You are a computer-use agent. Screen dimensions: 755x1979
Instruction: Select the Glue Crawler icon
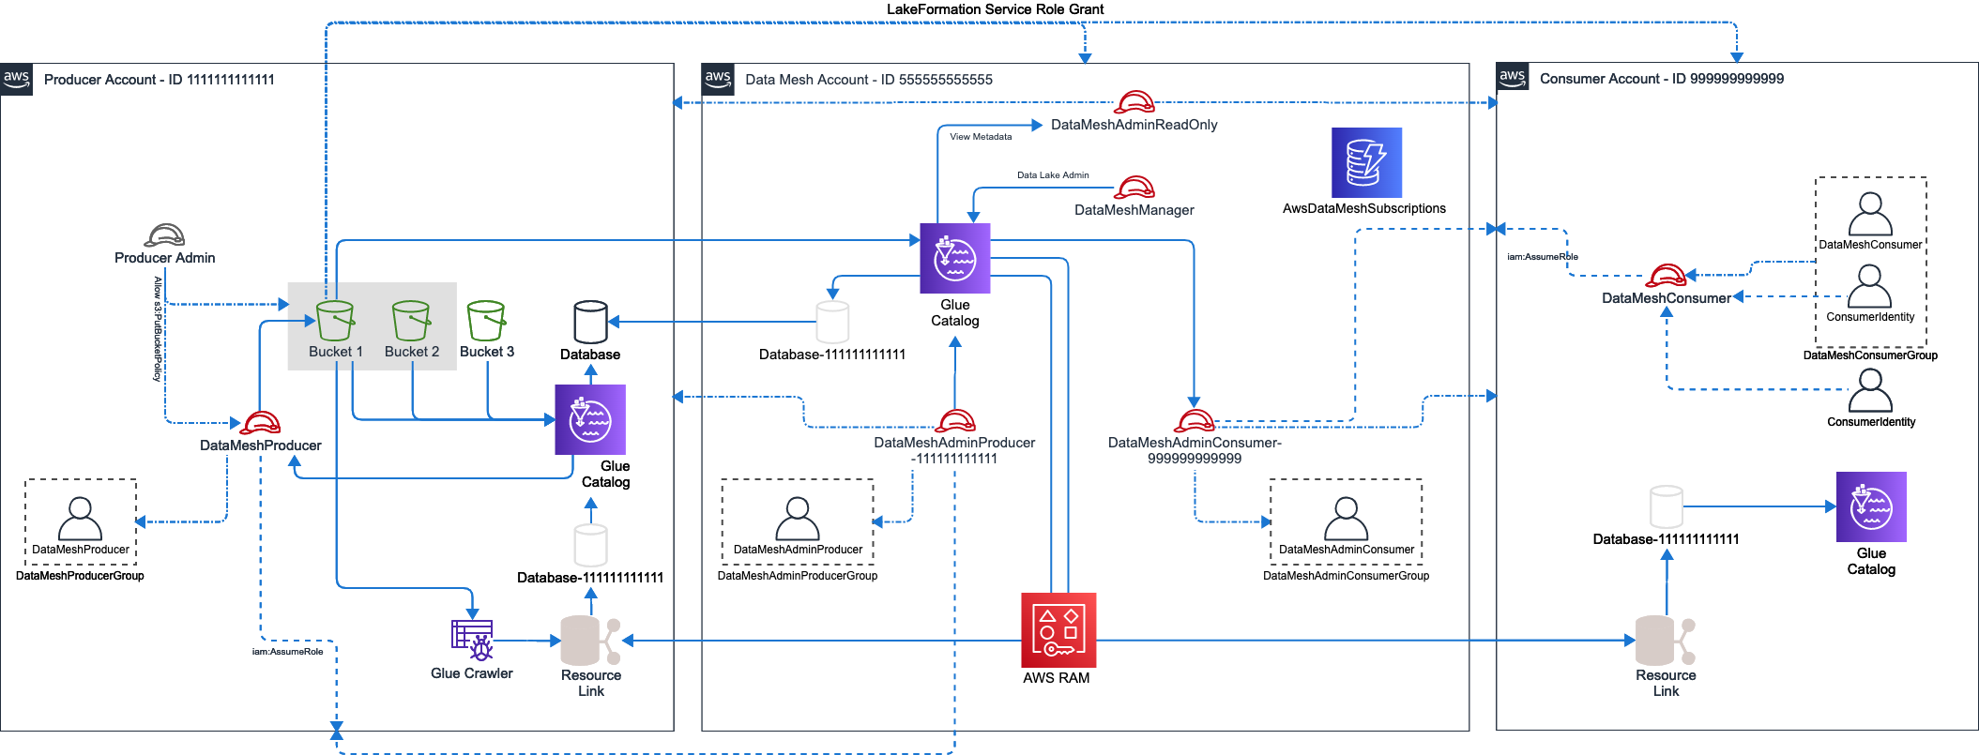point(472,641)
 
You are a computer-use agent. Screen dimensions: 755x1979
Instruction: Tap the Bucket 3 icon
point(486,321)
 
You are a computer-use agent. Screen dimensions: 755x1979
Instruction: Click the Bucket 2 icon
point(411,321)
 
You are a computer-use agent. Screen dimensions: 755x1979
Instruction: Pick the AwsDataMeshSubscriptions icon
point(1366,162)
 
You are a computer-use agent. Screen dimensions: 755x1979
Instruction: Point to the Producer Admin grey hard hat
point(165,234)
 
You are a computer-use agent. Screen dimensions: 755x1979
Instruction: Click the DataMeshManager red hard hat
point(1135,187)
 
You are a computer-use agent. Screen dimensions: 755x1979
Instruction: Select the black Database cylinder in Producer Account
point(590,323)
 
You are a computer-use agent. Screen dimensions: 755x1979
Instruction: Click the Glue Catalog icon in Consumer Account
point(1871,506)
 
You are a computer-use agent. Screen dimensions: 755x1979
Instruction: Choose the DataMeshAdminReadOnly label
point(1134,125)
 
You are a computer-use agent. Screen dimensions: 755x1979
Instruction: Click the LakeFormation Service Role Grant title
point(995,9)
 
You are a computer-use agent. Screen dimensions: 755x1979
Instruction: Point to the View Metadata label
point(981,137)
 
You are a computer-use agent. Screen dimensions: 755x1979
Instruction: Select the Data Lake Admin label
point(1053,175)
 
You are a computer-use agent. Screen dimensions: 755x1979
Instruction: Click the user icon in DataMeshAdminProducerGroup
point(798,519)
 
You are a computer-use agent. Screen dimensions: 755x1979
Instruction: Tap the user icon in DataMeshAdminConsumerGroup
point(1346,519)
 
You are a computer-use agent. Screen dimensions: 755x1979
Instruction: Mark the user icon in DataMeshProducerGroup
point(80,519)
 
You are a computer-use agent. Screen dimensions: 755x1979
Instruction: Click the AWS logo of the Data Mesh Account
point(718,79)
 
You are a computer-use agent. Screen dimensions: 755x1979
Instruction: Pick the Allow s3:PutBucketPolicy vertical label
point(158,328)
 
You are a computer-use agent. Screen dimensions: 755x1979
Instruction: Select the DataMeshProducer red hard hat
point(261,422)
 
